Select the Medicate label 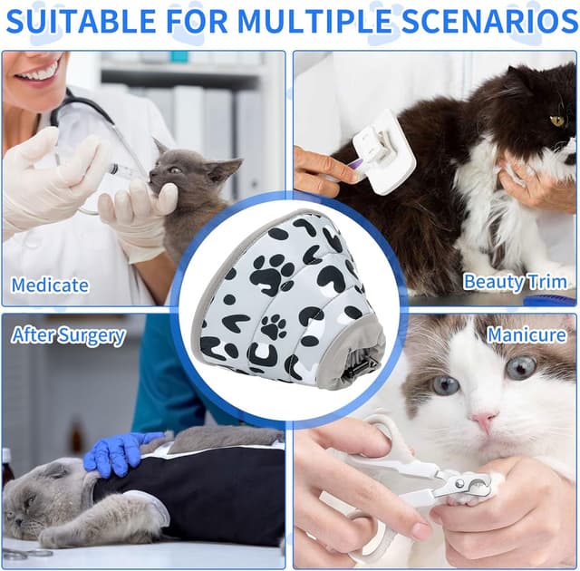tap(50, 285)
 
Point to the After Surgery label tap(68, 335)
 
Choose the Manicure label tap(526, 335)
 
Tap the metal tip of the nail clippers tap(477, 487)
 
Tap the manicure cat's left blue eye tap(444, 383)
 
